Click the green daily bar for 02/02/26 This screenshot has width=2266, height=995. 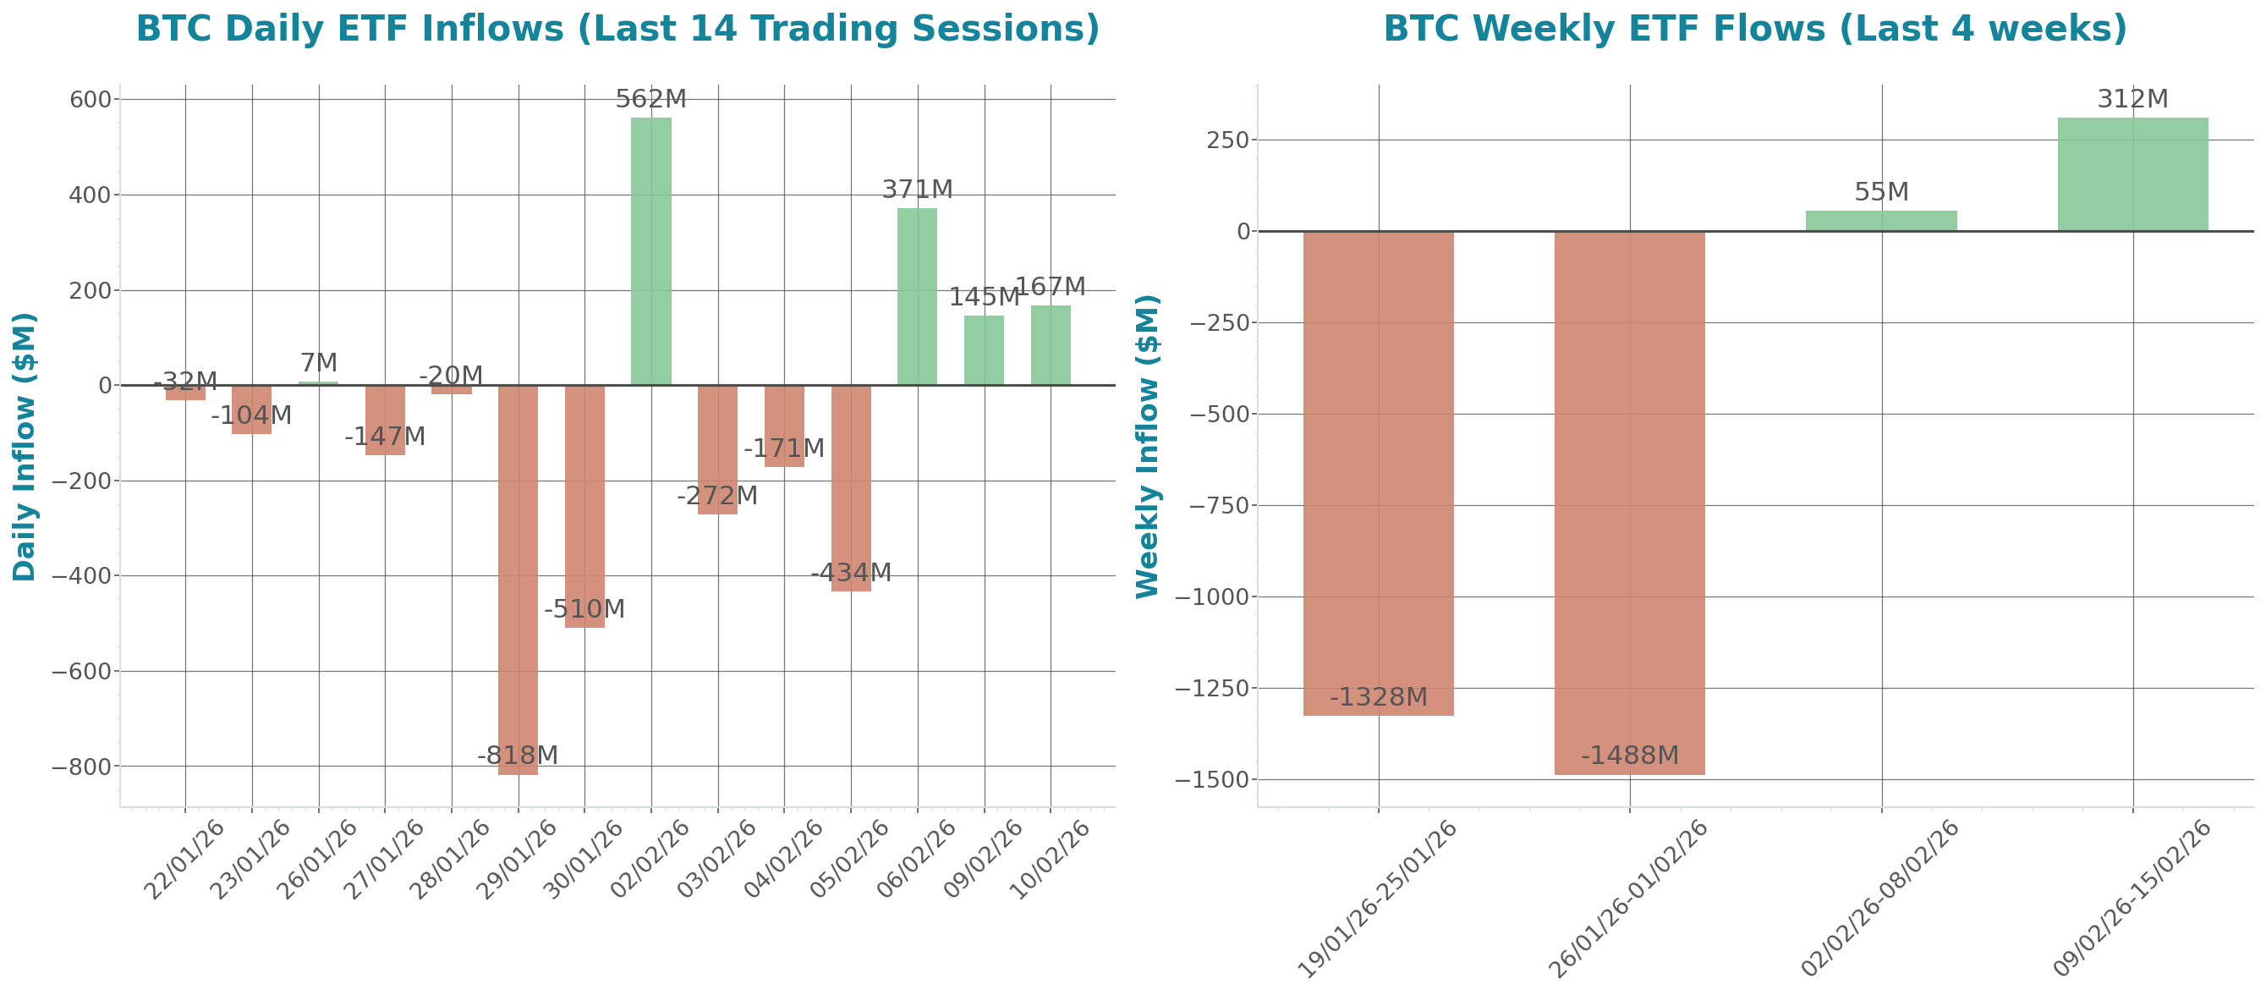[x=651, y=250]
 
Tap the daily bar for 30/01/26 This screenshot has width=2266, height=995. [x=585, y=506]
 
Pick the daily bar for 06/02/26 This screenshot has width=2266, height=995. [x=917, y=296]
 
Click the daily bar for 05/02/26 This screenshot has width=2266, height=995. [x=851, y=488]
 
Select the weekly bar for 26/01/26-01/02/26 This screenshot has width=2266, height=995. [x=1630, y=503]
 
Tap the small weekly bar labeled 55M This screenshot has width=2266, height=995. [x=1882, y=221]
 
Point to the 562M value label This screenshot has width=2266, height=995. [x=651, y=99]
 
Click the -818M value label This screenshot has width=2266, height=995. [x=518, y=755]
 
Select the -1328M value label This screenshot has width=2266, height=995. [x=1379, y=697]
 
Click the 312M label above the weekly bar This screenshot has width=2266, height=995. [x=2133, y=99]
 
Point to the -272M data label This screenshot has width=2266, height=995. [x=717, y=495]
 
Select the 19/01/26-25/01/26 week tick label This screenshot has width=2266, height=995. [x=1380, y=898]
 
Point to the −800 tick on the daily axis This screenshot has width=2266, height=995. [x=81, y=767]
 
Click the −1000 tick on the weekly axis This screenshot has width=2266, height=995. [x=1218, y=597]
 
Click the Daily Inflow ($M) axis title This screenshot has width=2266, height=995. [x=25, y=447]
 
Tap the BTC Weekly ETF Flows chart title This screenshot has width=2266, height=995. [x=1755, y=28]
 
